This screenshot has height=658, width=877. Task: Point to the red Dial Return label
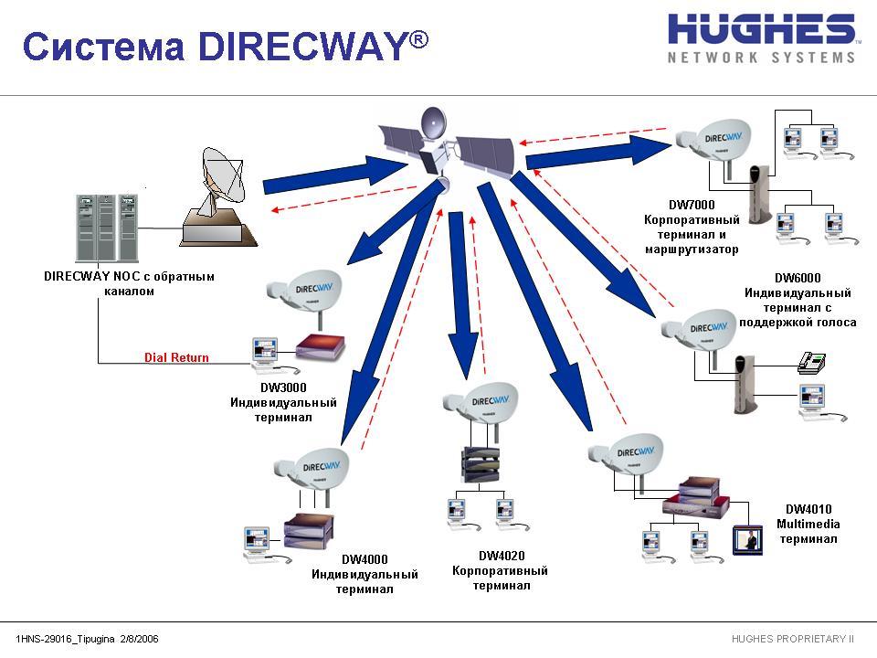pos(176,357)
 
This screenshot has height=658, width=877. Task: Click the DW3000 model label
pos(283,387)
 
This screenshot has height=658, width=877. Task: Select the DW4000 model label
pos(365,559)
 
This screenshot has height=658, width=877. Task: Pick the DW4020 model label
pos(501,556)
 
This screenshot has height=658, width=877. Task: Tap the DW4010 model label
pos(808,509)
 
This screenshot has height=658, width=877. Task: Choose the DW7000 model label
pos(691,206)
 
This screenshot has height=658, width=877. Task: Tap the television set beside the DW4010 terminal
pos(747,539)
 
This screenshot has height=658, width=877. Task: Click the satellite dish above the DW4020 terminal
pos(484,401)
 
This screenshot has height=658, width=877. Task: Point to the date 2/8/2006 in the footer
pos(140,638)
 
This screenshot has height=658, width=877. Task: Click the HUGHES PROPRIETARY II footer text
pos(793,638)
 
